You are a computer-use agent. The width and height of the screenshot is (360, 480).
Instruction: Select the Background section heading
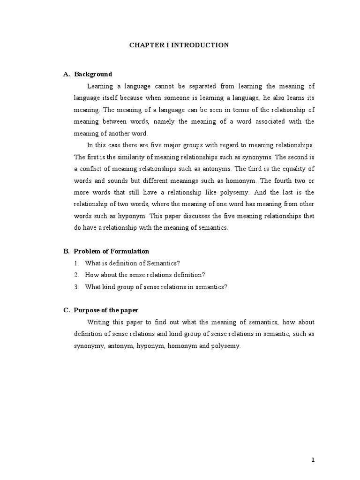[x=93, y=74]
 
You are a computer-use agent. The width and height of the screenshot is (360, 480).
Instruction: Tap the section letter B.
[x=66, y=251]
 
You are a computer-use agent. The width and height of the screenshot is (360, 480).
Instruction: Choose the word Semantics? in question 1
[x=165, y=263]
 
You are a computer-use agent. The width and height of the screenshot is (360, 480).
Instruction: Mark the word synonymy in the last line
[x=89, y=346]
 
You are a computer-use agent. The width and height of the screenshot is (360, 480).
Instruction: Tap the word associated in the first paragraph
[x=262, y=121]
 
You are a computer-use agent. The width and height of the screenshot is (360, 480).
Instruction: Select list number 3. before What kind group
[x=76, y=287]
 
